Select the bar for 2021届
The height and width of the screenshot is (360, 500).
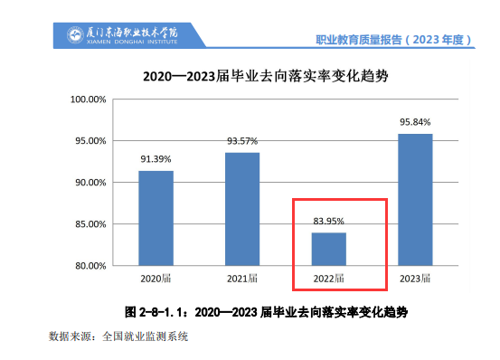pyautogui.click(x=242, y=209)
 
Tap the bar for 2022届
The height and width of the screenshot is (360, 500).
pyautogui.click(x=329, y=249)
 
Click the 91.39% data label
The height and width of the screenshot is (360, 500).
pyautogui.click(x=156, y=159)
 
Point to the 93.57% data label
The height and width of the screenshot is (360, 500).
pyautogui.click(x=242, y=140)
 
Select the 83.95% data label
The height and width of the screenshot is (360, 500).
pyautogui.click(x=329, y=220)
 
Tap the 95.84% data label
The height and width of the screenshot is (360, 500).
pyautogui.click(x=415, y=121)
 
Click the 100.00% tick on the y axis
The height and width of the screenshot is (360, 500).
pyautogui.click(x=89, y=99)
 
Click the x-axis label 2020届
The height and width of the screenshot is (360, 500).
pyautogui.click(x=156, y=278)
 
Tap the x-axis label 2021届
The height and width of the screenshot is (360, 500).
pyautogui.click(x=242, y=278)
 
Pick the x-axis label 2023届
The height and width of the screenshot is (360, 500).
pyautogui.click(x=415, y=278)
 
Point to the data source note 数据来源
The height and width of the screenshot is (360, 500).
pyautogui.click(x=118, y=336)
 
